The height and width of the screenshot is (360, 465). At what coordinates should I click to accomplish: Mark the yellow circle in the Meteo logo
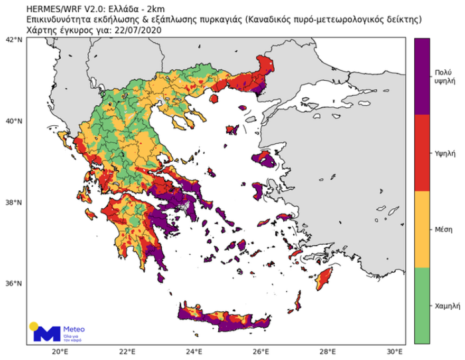point(34,326)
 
